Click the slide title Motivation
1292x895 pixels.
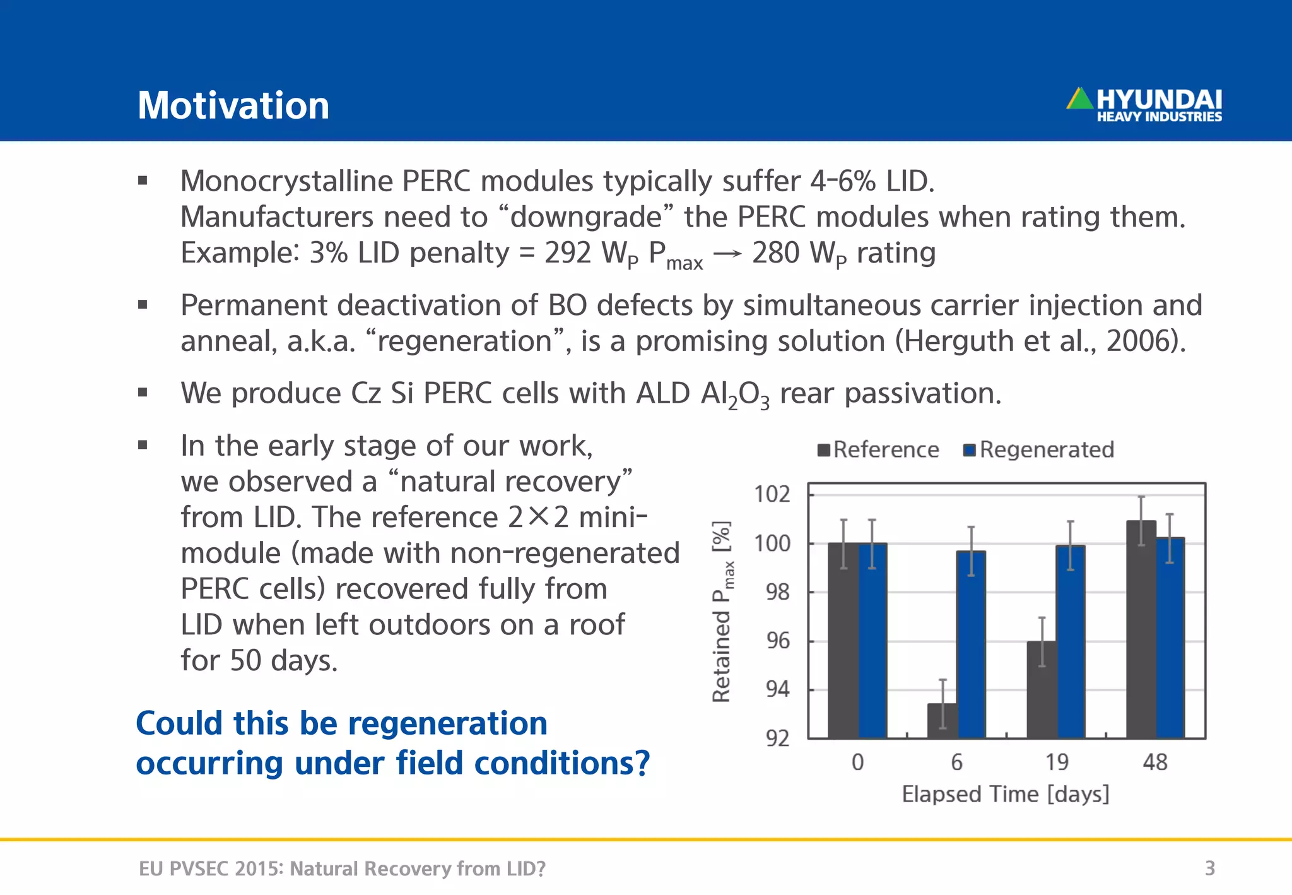tap(233, 105)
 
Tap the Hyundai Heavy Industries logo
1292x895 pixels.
tap(1144, 105)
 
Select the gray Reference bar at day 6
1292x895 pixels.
tap(943, 721)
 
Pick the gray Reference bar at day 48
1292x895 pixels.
tap(1141, 631)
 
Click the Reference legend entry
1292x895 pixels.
tap(878, 450)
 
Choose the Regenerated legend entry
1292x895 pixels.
tap(1039, 450)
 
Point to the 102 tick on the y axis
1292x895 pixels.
tap(772, 494)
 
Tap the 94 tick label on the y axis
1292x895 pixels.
tap(777, 689)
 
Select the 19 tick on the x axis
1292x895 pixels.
tap(1057, 762)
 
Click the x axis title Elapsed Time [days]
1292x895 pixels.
tap(1005, 794)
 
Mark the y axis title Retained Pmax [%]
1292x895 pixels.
tap(722, 611)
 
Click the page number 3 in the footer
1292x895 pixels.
tap(1209, 868)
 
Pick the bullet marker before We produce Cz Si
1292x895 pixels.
tap(143, 393)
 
